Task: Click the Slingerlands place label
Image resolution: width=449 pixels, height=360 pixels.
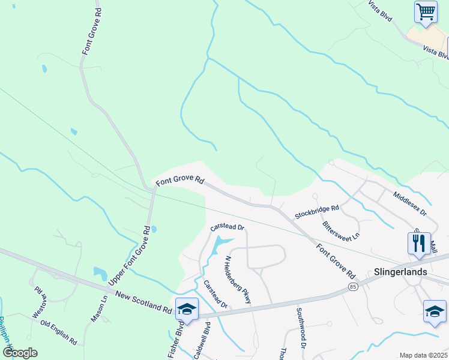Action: click(x=401, y=271)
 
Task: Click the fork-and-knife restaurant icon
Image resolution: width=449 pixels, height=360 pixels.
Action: click(x=418, y=242)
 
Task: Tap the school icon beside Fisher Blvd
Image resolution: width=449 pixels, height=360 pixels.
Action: click(x=187, y=309)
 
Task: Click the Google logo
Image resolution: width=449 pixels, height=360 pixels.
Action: click(x=20, y=353)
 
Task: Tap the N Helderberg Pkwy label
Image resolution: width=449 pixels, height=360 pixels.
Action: click(x=238, y=280)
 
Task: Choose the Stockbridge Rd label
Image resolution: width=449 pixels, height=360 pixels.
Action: click(x=317, y=212)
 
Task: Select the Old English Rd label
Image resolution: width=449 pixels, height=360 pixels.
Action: click(x=58, y=332)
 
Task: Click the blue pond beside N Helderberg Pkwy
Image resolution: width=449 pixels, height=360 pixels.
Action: click(x=218, y=244)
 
